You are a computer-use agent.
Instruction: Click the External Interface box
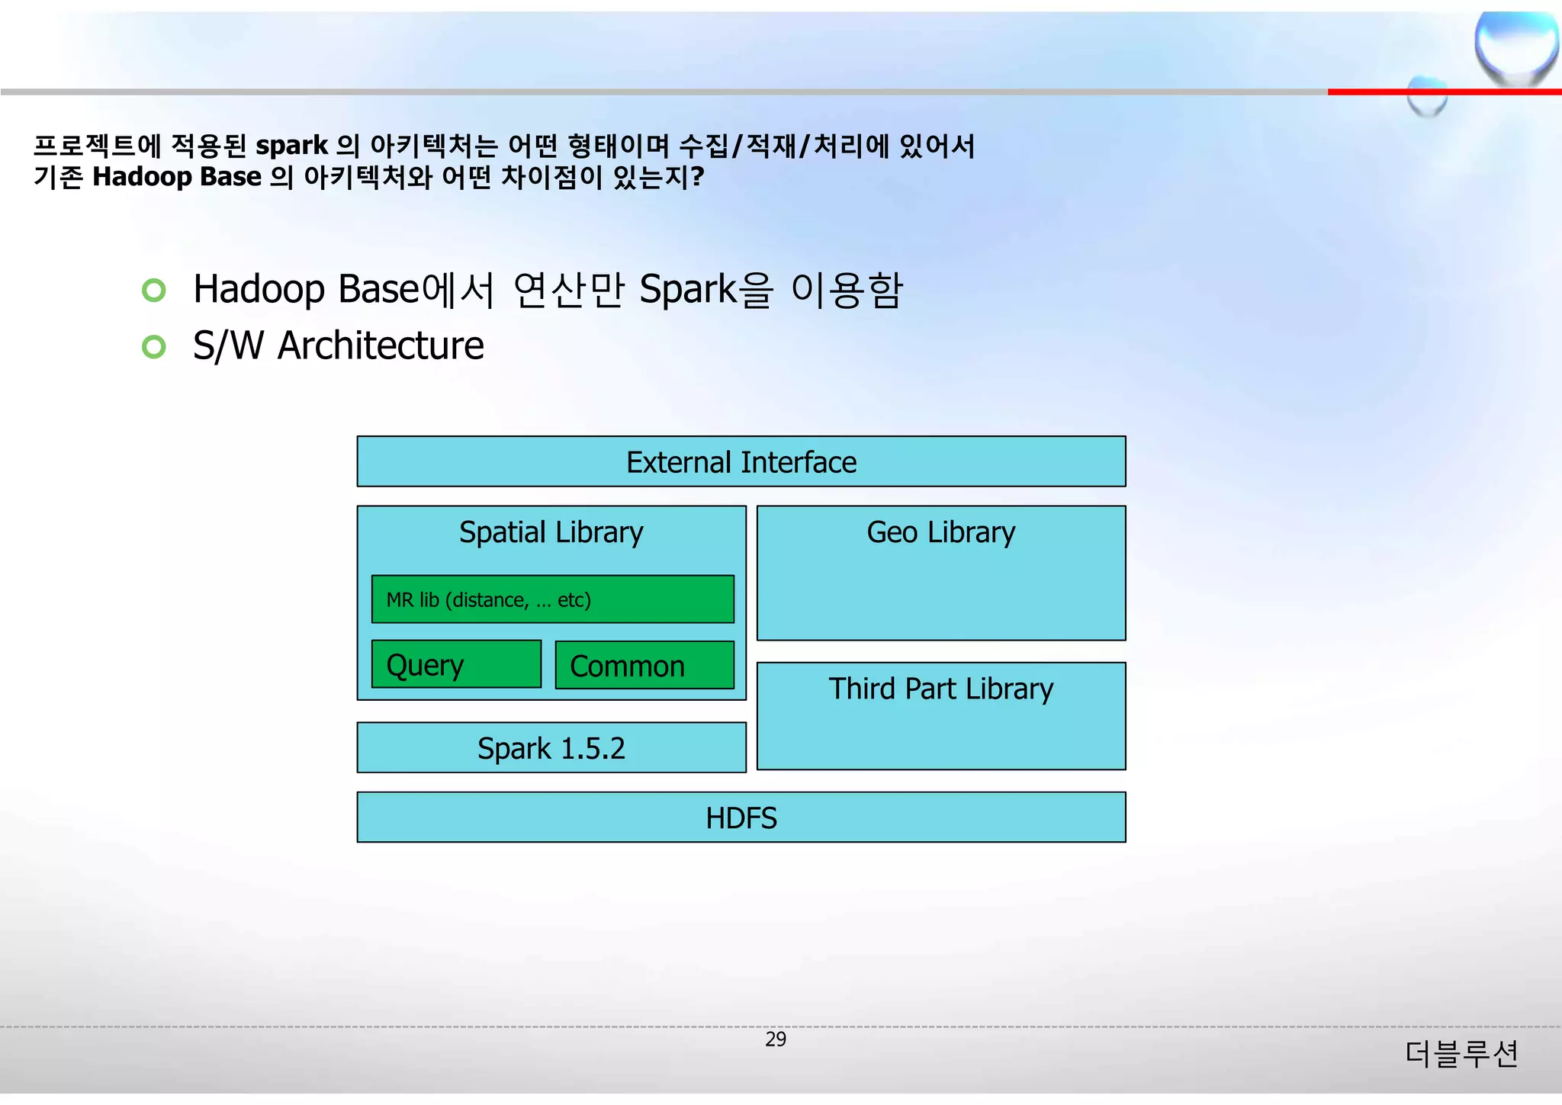(741, 462)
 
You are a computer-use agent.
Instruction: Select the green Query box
(456, 665)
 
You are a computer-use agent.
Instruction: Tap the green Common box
(644, 666)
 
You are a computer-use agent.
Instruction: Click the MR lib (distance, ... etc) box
(552, 600)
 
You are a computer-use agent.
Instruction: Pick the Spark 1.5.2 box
(551, 748)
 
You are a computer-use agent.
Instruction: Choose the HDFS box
(741, 818)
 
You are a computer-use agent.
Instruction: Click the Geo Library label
(940, 532)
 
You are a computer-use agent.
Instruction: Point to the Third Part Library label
(940, 689)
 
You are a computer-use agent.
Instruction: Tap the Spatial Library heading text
(551, 532)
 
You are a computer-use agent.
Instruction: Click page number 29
(775, 1039)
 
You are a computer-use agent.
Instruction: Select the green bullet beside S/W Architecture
(154, 347)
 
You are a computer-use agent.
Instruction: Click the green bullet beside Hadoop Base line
(154, 291)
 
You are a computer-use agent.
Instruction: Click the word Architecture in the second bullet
(381, 345)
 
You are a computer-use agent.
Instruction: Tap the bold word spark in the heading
(291, 146)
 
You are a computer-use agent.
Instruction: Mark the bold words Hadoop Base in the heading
(177, 177)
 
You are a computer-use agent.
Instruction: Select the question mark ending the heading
(696, 177)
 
